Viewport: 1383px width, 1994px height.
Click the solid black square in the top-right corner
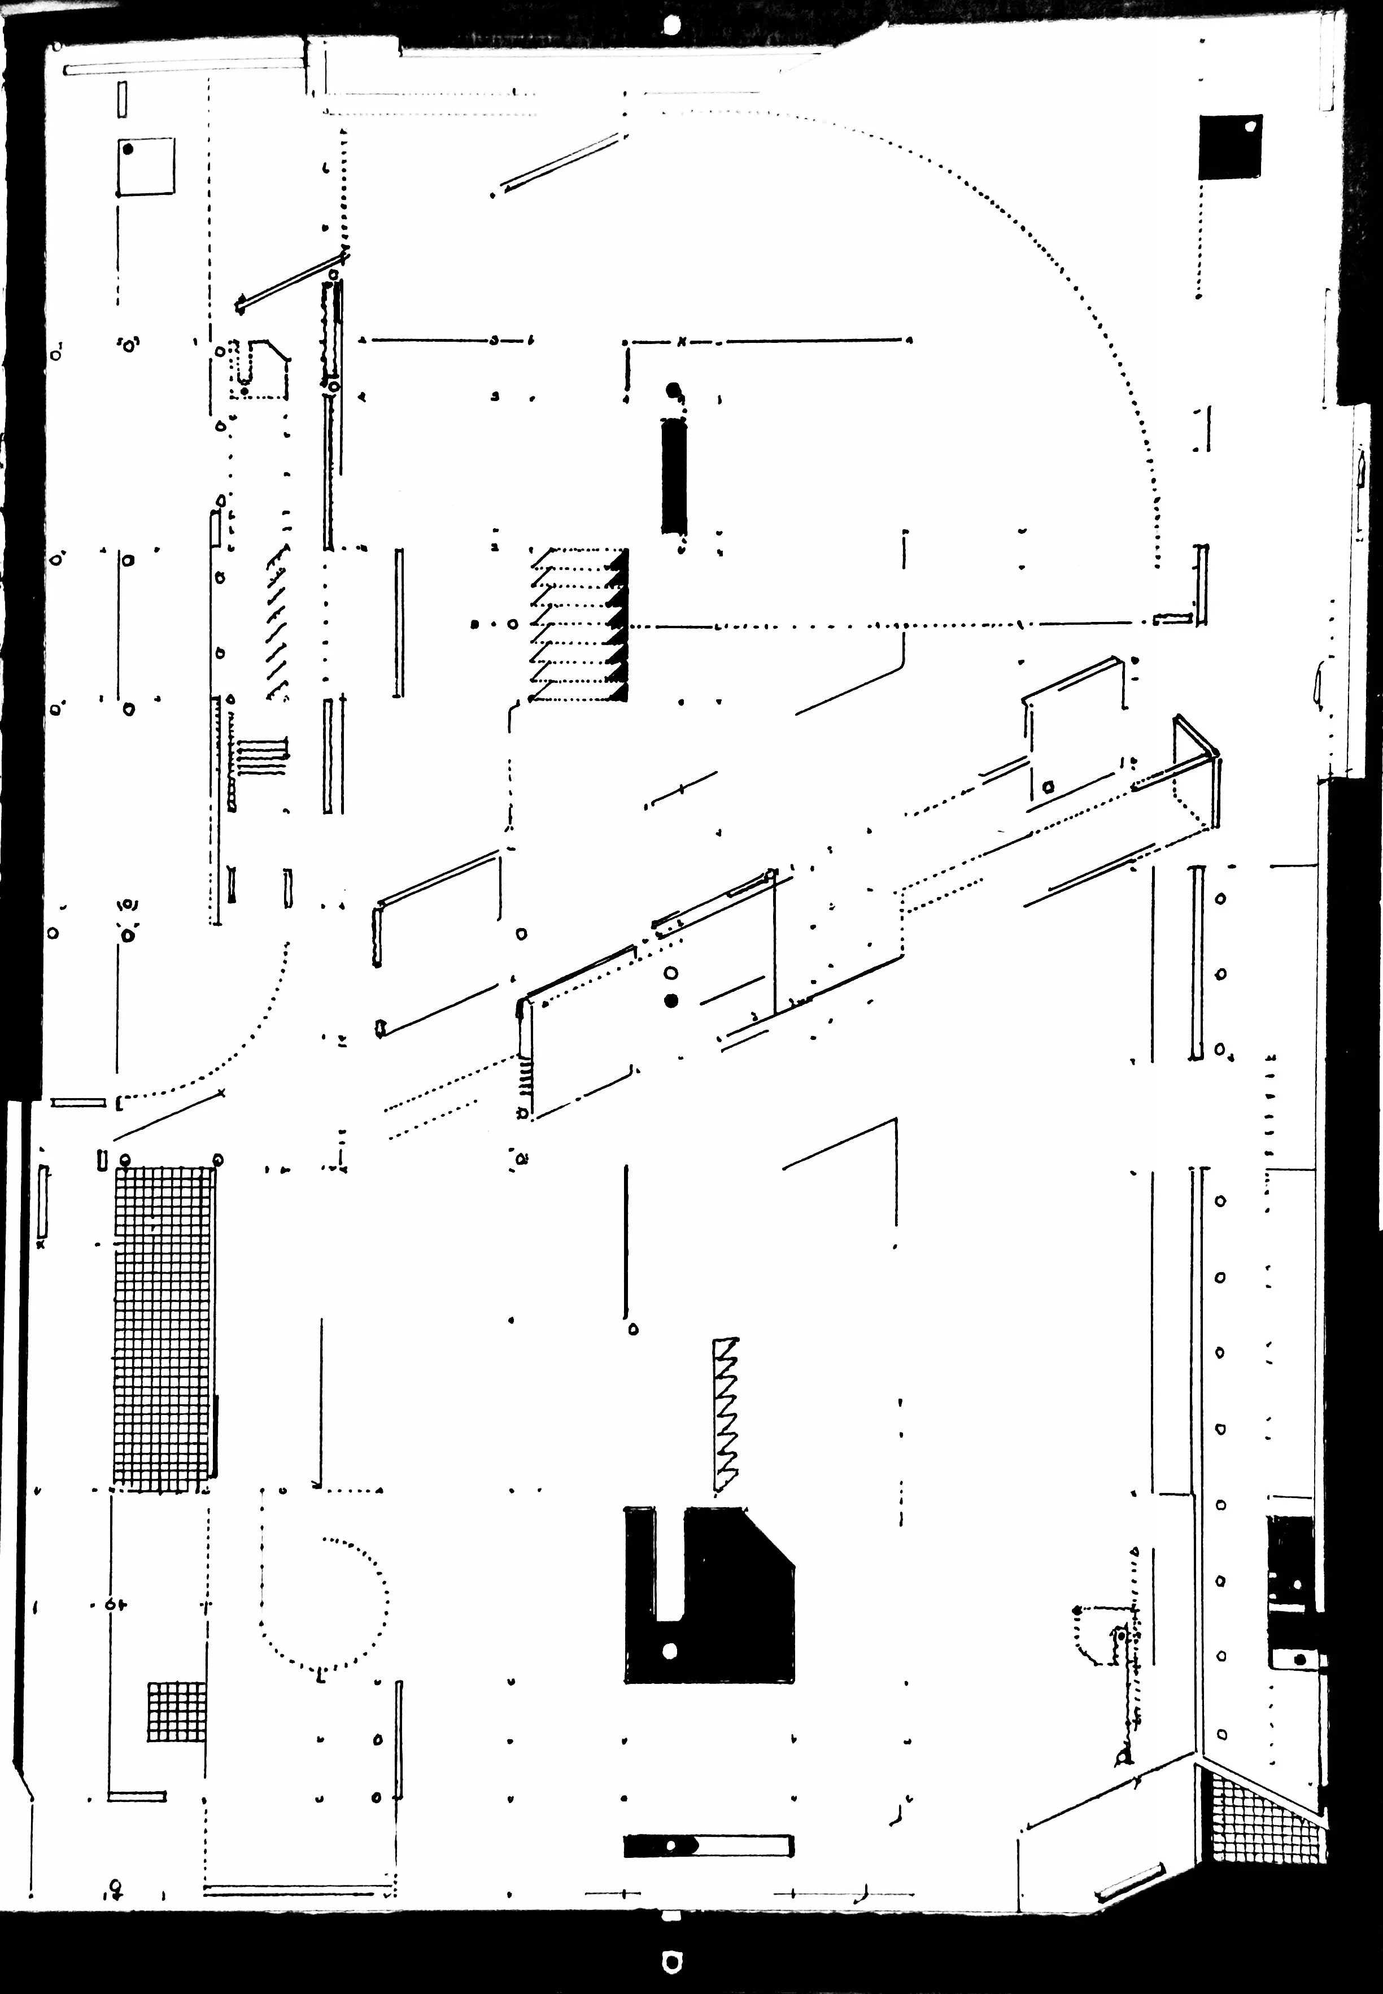click(1229, 147)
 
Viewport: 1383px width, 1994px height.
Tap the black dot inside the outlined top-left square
click(128, 149)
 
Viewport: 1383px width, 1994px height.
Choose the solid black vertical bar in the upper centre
click(673, 477)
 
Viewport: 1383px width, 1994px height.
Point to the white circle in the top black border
click(671, 25)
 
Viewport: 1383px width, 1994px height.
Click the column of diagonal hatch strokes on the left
click(277, 624)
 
